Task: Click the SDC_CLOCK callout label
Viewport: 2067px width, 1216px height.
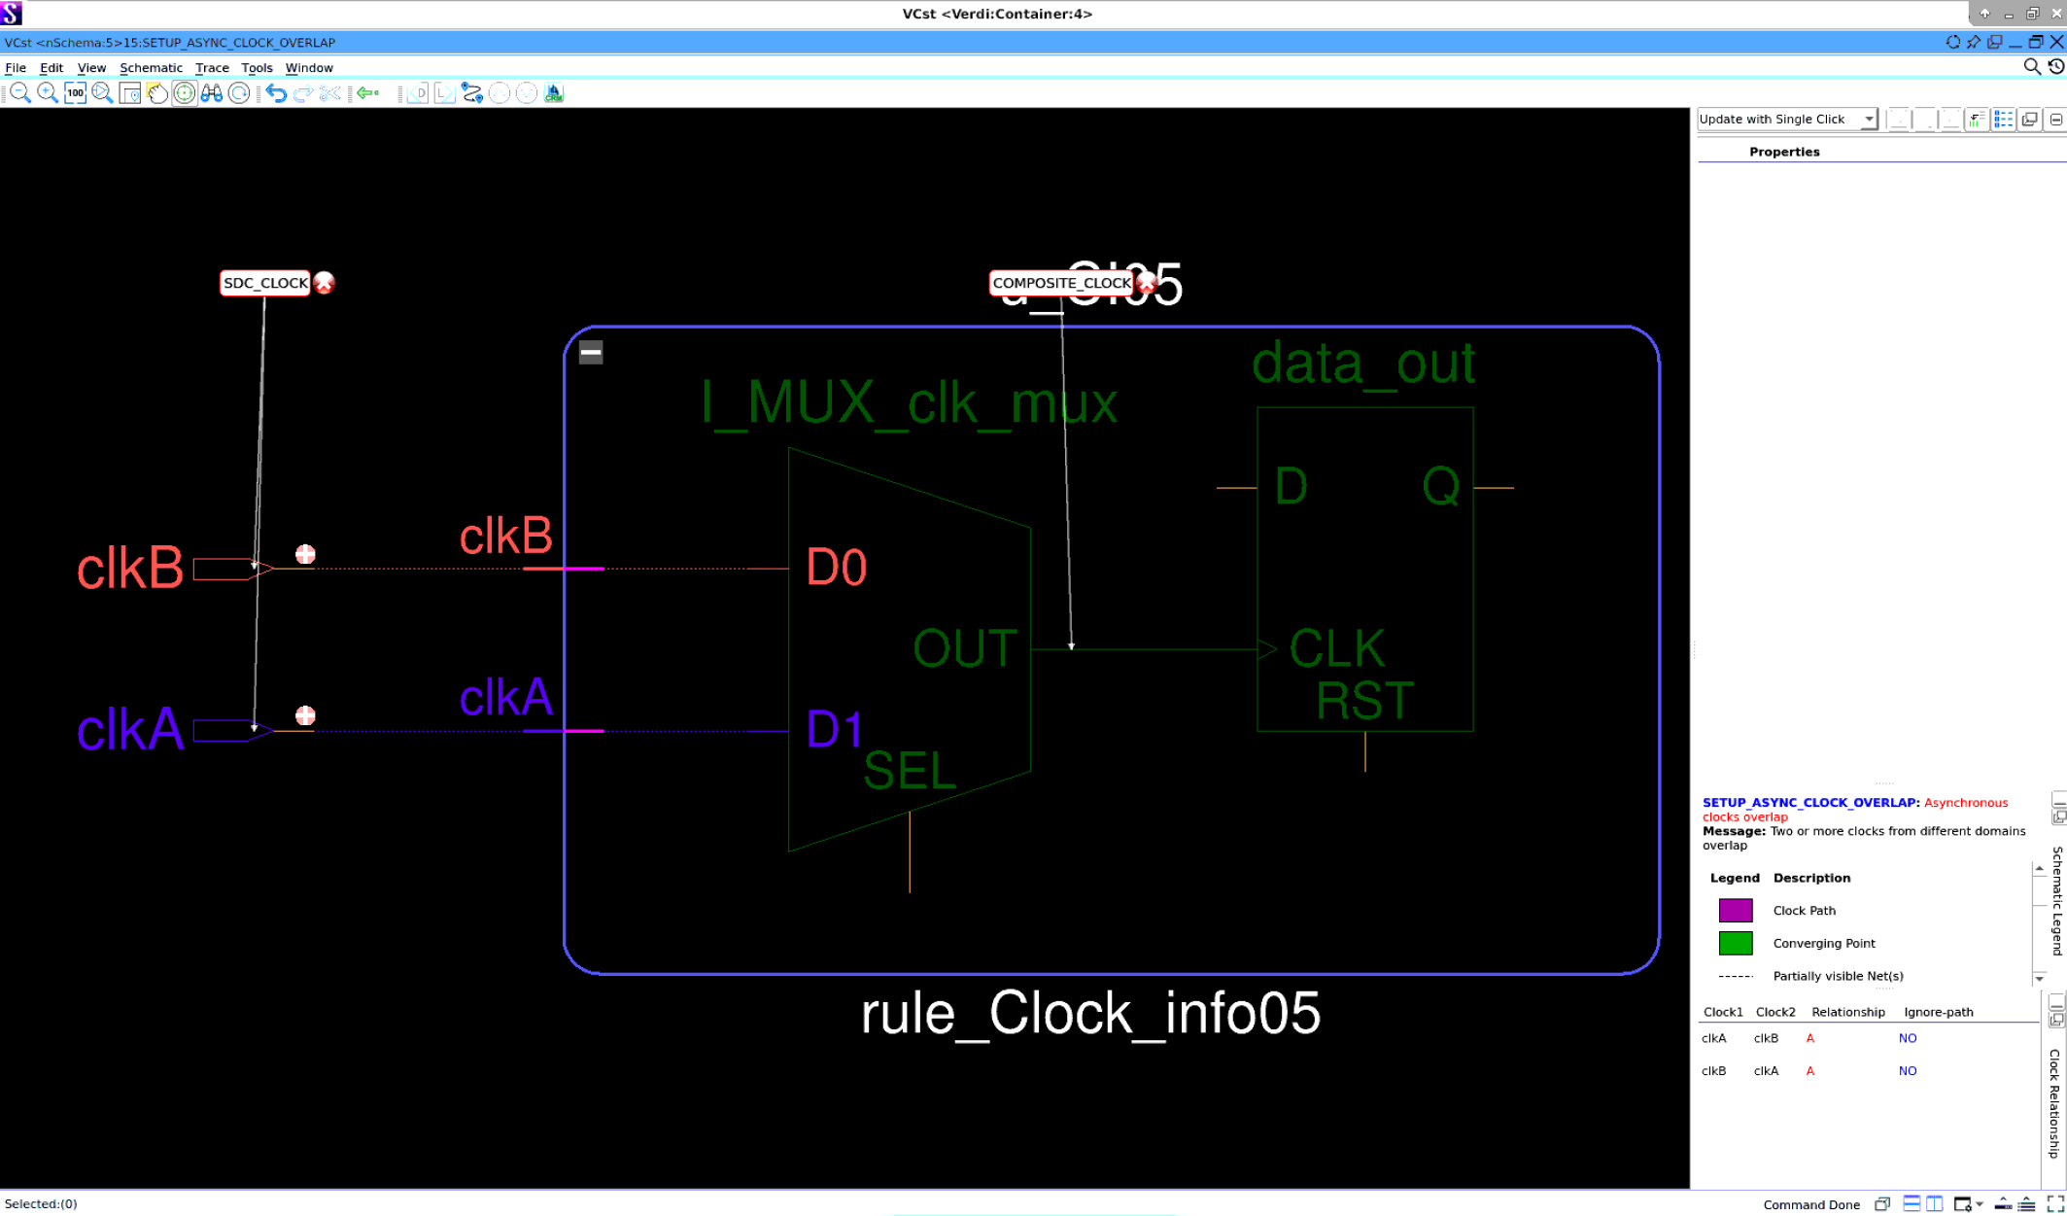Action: point(264,283)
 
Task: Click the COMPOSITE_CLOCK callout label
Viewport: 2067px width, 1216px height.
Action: point(1061,283)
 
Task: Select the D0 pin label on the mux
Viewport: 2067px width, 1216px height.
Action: point(836,568)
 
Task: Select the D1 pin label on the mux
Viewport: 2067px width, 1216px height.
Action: point(834,729)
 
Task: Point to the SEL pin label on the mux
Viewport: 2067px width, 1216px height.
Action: point(910,771)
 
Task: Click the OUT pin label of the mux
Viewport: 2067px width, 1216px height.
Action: point(964,648)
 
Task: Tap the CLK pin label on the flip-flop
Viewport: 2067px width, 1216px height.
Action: point(1336,648)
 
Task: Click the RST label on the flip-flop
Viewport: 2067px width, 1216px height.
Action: point(1364,701)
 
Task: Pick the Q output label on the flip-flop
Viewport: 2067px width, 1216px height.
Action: point(1440,485)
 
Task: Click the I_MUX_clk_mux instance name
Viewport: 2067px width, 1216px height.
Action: point(909,402)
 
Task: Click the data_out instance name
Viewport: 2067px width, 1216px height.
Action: point(1362,363)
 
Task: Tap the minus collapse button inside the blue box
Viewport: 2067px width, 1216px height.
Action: point(591,352)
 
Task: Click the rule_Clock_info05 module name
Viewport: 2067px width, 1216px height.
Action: point(1090,1013)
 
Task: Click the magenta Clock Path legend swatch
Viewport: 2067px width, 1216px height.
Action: point(1735,910)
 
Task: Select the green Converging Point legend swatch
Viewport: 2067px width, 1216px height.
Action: point(1735,943)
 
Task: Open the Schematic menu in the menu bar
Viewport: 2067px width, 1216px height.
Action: point(151,67)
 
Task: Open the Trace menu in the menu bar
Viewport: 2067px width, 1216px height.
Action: point(212,67)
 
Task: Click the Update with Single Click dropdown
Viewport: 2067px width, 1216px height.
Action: point(1785,119)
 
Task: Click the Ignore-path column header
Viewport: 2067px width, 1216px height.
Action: point(1938,1012)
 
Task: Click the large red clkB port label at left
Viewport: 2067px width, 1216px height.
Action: point(130,568)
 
